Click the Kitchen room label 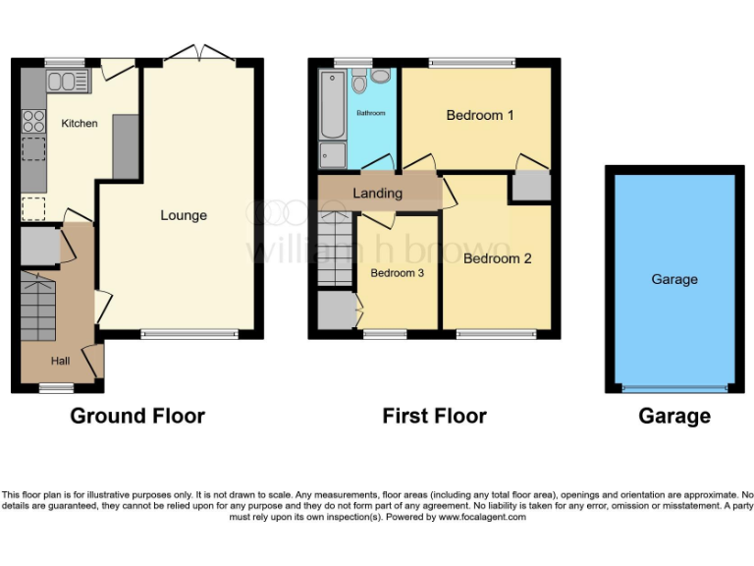(x=80, y=124)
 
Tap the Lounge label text (x=184, y=215)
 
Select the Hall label (x=60, y=362)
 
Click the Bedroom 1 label (x=480, y=116)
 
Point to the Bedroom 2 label (x=498, y=259)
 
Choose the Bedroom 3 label (x=397, y=273)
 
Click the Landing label (x=378, y=194)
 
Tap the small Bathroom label (x=371, y=114)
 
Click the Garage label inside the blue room (x=674, y=279)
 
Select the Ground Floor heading (x=137, y=417)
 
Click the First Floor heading (x=434, y=417)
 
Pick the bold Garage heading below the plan (x=674, y=417)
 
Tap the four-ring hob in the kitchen (x=33, y=122)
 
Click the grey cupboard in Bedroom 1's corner (x=531, y=186)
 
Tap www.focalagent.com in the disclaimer (x=482, y=517)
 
